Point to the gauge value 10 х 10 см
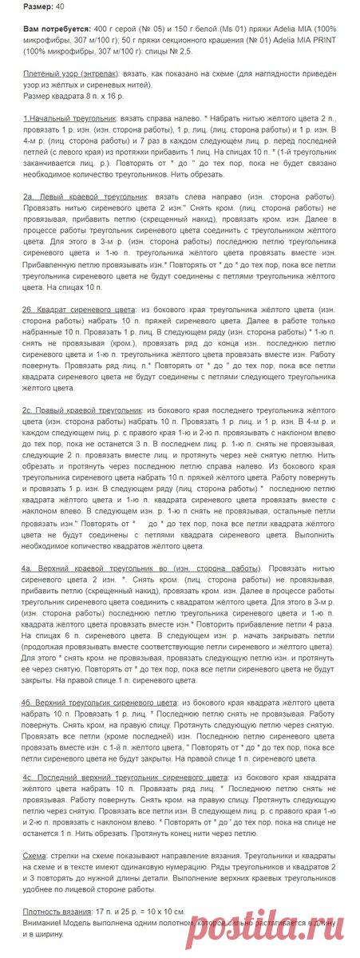click(168, 911)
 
